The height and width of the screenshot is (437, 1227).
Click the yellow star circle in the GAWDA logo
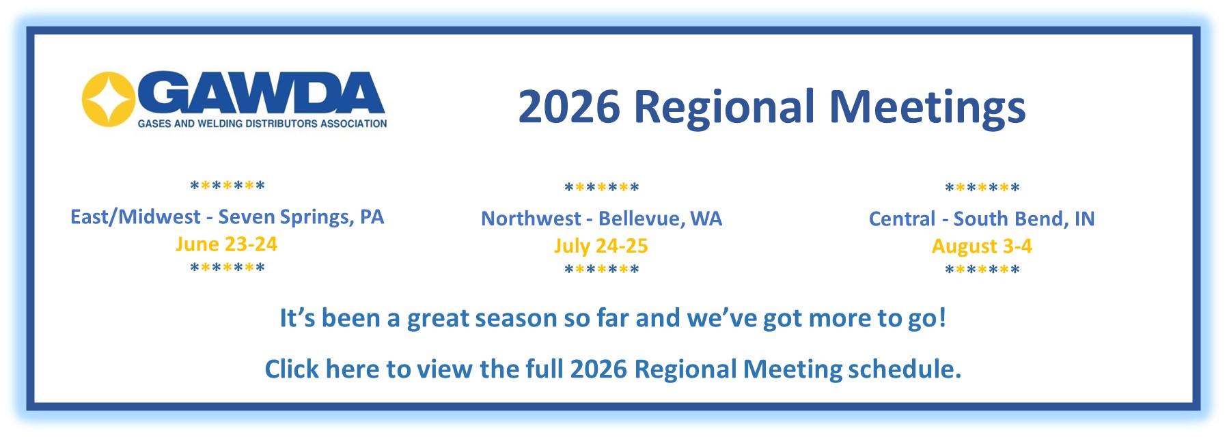pos(108,99)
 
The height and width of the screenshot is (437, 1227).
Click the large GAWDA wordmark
pos(263,94)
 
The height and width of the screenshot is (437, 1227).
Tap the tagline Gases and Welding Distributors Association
pos(262,124)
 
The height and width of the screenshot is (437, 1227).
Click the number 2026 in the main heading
pos(569,107)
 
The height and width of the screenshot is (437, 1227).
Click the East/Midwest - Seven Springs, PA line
pos(227,217)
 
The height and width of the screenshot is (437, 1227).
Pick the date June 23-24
pos(226,244)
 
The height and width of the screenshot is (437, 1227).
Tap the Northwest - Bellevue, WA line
pos(601,218)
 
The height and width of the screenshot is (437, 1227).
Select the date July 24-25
pos(601,246)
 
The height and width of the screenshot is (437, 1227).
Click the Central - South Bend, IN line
pos(982,218)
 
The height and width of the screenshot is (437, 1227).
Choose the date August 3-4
pos(982,246)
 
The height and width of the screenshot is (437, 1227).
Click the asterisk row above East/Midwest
pos(227,186)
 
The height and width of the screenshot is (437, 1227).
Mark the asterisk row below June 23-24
pos(227,268)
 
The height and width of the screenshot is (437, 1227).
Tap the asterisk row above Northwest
pos(601,188)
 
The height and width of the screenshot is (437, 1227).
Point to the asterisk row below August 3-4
pos(982,270)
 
